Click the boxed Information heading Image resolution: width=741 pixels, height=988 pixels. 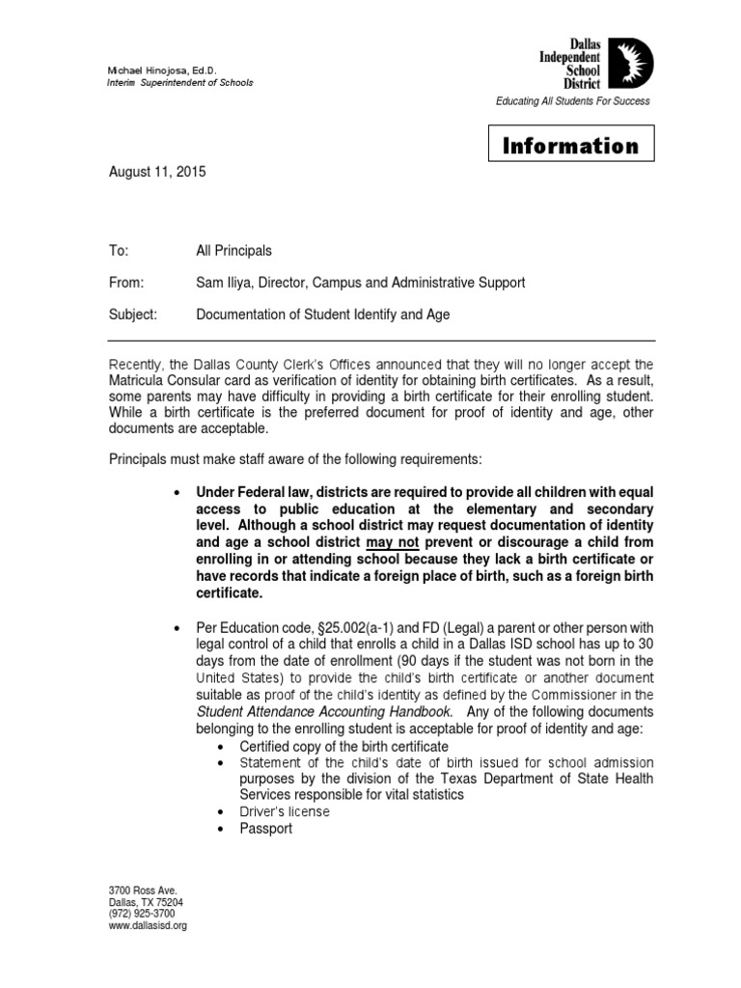pos(571,146)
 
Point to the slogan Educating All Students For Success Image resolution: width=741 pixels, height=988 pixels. pos(572,101)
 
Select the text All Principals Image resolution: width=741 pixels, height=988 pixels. pos(233,251)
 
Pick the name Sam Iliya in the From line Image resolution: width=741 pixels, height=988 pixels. pos(225,283)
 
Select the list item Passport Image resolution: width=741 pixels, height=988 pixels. pos(266,829)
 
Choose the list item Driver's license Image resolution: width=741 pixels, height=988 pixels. pos(285,811)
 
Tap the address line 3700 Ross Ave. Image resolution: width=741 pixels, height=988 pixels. pos(142,891)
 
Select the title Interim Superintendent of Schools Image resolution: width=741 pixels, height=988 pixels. pos(180,83)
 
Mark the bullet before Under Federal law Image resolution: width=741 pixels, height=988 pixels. pos(177,492)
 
